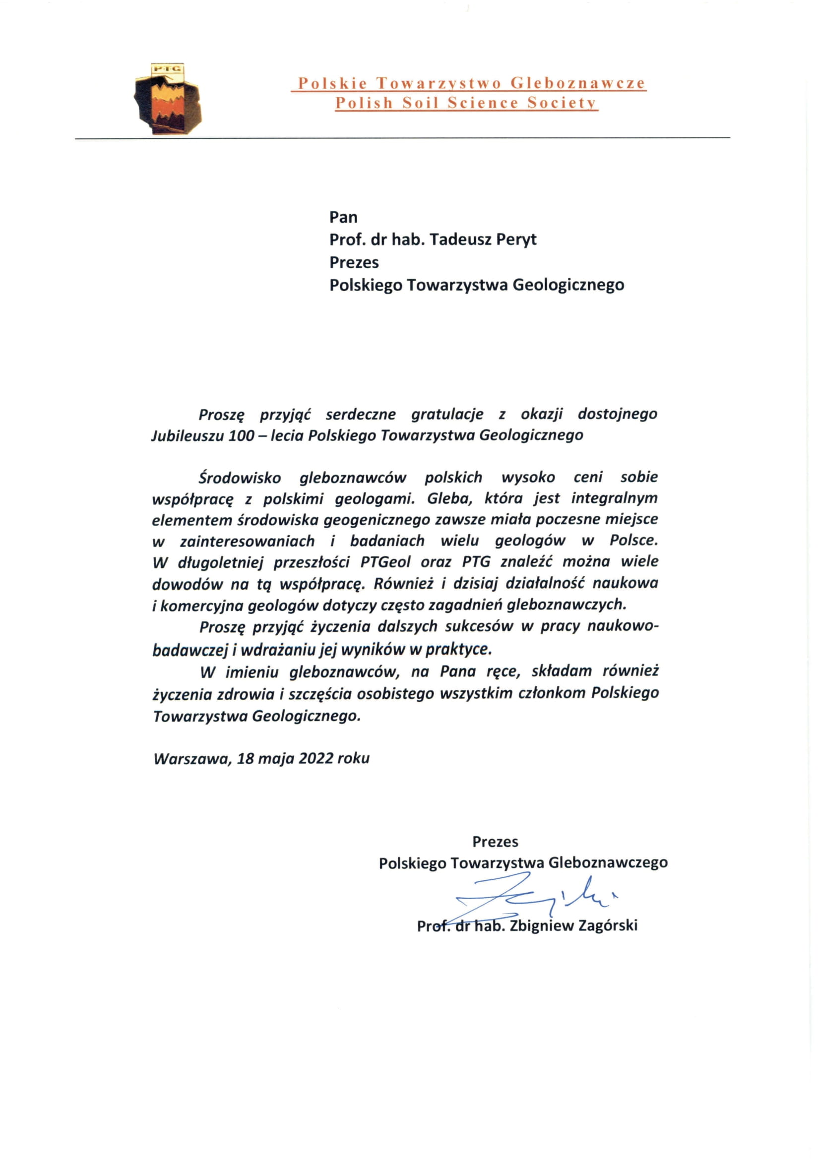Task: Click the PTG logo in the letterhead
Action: click(x=168, y=99)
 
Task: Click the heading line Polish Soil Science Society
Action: click(x=466, y=103)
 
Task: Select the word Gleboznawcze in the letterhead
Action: click(x=578, y=83)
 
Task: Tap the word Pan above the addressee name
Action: click(x=343, y=217)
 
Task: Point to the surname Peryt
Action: click(x=516, y=240)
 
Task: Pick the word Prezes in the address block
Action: click(x=354, y=262)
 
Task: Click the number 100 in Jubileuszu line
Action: click(x=241, y=435)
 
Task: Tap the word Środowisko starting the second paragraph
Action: click(x=240, y=478)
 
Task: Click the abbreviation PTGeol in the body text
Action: click(x=385, y=562)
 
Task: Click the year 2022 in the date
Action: click(x=315, y=758)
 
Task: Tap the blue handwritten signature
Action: click(x=530, y=902)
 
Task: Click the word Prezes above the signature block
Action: click(x=495, y=842)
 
